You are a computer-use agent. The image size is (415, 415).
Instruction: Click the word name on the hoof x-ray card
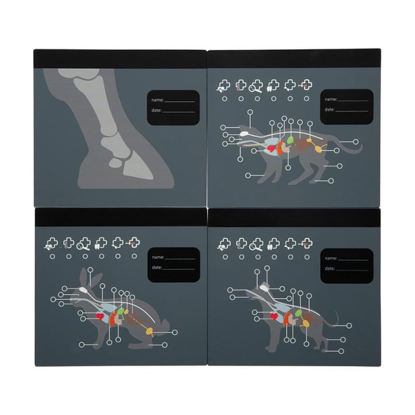tap(157, 100)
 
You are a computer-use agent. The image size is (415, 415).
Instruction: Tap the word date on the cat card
tap(330, 109)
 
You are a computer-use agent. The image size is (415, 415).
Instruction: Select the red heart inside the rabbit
tap(100, 316)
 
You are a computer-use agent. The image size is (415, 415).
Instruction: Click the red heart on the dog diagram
tap(274, 316)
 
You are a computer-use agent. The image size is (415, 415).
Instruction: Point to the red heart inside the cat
tap(271, 148)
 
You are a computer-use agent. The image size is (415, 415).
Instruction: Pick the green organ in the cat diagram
tap(290, 140)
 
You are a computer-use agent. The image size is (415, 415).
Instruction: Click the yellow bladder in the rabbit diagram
tap(149, 330)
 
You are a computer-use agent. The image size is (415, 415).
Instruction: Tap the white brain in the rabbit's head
tap(84, 290)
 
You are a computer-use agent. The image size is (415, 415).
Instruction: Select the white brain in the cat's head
tap(244, 133)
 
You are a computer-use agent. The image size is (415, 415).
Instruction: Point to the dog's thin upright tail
tap(337, 317)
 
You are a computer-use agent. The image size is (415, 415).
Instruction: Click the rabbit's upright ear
tap(84, 276)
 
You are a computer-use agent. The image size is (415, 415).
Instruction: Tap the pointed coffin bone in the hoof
tap(137, 165)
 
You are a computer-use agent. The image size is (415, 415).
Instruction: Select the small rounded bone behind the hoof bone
tap(116, 162)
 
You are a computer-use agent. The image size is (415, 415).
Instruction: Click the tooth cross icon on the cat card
tap(273, 85)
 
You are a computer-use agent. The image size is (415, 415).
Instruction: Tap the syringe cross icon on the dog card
tap(306, 244)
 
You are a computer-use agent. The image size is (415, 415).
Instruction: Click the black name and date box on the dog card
tap(347, 266)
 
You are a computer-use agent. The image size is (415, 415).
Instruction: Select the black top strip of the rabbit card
tap(120, 217)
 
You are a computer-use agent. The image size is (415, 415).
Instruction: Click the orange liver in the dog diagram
tap(287, 319)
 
